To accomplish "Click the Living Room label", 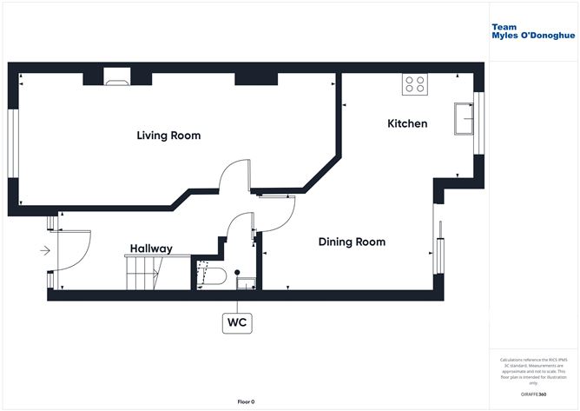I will pos(168,136).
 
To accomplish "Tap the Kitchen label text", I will pos(406,123).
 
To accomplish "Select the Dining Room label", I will pos(351,242).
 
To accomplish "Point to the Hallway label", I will pos(151,249).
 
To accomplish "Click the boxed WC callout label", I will pos(237,322).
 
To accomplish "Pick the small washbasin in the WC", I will pos(246,281).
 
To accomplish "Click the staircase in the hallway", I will pos(144,272).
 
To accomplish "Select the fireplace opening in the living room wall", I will pos(115,81).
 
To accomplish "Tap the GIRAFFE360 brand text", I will pos(531,394).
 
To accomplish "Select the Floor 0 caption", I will pos(246,401).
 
